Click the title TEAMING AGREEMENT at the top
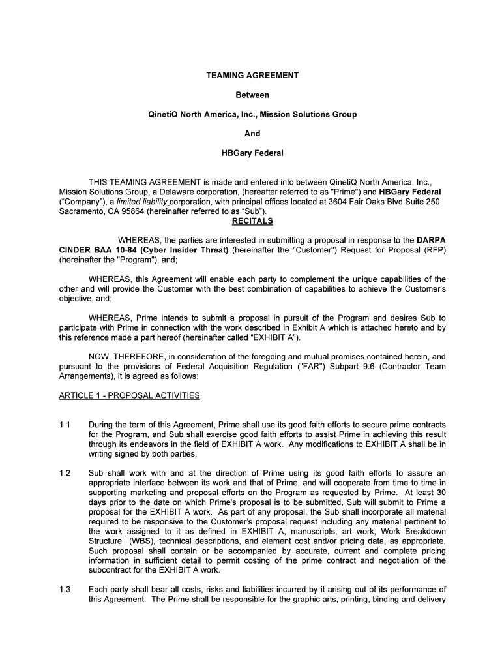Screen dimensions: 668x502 (252, 76)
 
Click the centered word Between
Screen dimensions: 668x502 (252, 95)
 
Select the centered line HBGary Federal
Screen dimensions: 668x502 (252, 153)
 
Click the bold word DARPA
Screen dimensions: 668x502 (431, 240)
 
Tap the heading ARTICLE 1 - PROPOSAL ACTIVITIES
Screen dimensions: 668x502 (130, 395)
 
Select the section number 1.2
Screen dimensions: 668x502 (65, 473)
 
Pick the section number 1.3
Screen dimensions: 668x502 (65, 590)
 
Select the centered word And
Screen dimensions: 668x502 (252, 134)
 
